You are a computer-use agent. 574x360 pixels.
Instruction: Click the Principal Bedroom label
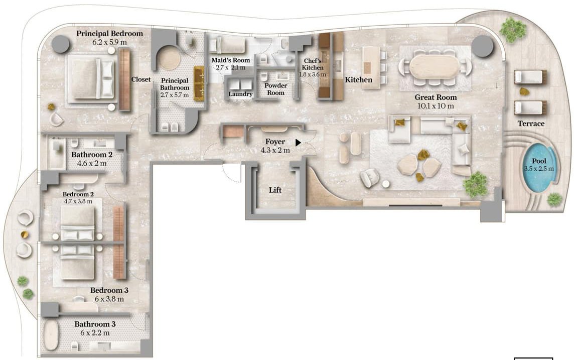coord(109,33)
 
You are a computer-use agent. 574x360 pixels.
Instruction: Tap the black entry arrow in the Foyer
coord(298,143)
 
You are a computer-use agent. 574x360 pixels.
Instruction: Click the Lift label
coord(275,190)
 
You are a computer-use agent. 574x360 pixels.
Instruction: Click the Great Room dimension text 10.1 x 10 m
coord(436,106)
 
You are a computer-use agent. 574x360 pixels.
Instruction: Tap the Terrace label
coord(531,124)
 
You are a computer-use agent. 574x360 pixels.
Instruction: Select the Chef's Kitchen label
coord(313,64)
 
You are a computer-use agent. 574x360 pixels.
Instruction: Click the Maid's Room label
coord(231,60)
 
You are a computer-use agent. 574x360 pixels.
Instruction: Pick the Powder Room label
coord(275,89)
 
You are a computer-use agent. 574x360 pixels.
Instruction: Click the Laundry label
coord(240,94)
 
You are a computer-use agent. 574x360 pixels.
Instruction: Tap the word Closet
coord(141,79)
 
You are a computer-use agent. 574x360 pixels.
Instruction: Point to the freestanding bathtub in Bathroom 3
coord(51,335)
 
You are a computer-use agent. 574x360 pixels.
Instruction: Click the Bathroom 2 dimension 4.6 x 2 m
coord(92,163)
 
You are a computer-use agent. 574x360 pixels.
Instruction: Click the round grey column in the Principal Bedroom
coord(60,44)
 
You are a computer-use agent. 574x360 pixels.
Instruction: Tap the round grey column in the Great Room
coord(483,47)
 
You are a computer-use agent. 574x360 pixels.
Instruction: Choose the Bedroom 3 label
coord(109,290)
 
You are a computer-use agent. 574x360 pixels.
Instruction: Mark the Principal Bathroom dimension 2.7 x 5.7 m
coord(175,95)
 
